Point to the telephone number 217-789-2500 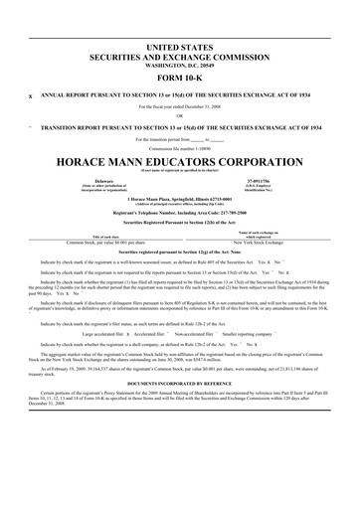coord(251,214)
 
